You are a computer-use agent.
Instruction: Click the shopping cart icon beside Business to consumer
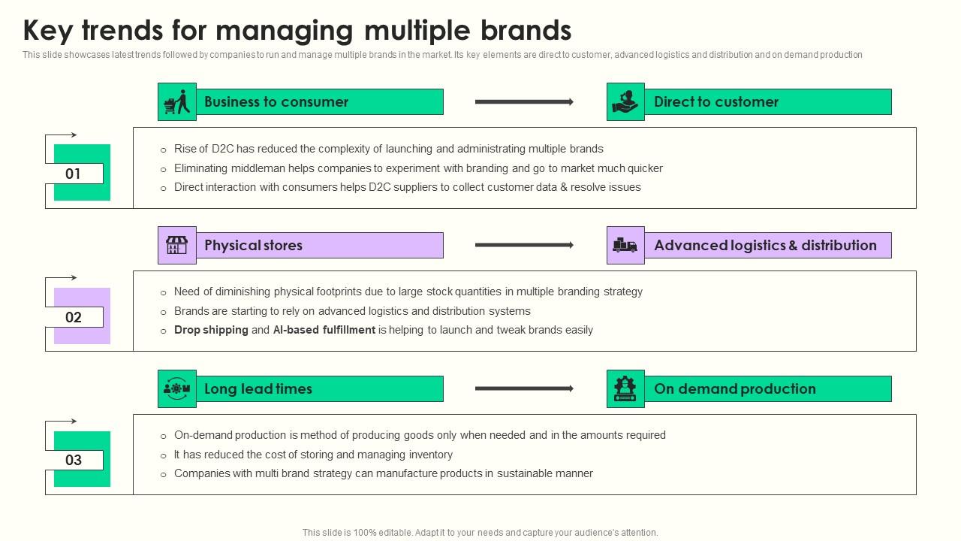(x=176, y=102)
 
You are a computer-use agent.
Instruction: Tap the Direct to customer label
(x=715, y=102)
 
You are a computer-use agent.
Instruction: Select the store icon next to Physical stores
(x=176, y=246)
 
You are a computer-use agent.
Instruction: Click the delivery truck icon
(x=625, y=246)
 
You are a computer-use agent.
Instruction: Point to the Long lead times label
(x=258, y=389)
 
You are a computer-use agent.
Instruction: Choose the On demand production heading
(x=734, y=389)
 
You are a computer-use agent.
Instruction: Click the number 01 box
(x=73, y=174)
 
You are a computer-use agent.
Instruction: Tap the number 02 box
(x=73, y=317)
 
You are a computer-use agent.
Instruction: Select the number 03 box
(x=73, y=461)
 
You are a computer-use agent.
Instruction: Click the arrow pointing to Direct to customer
(x=524, y=102)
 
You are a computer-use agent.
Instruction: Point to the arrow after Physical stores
(x=524, y=245)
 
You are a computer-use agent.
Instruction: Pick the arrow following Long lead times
(x=524, y=388)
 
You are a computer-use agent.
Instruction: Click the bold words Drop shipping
(x=211, y=330)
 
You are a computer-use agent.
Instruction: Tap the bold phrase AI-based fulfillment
(x=324, y=330)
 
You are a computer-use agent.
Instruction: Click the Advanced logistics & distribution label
(x=765, y=246)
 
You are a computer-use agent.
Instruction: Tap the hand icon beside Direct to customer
(x=625, y=102)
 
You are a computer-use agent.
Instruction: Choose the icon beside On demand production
(x=625, y=389)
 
